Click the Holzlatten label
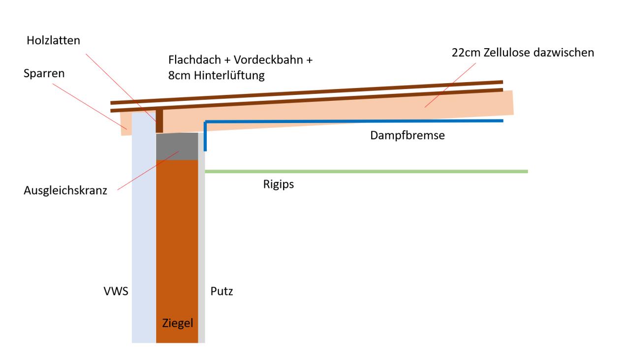54,40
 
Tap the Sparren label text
44,74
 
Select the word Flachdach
194,60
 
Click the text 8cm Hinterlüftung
216,75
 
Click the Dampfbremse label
408,135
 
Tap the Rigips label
279,184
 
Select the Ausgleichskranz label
65,190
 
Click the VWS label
116,292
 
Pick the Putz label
221,292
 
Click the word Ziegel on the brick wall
178,324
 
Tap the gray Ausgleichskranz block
177,147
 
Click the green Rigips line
367,172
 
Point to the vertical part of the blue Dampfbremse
205,136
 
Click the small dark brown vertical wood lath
159,121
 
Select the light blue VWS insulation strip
144,228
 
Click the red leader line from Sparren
90,107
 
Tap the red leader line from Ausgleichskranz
148,170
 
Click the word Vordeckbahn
268,60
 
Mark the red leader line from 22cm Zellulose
450,85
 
